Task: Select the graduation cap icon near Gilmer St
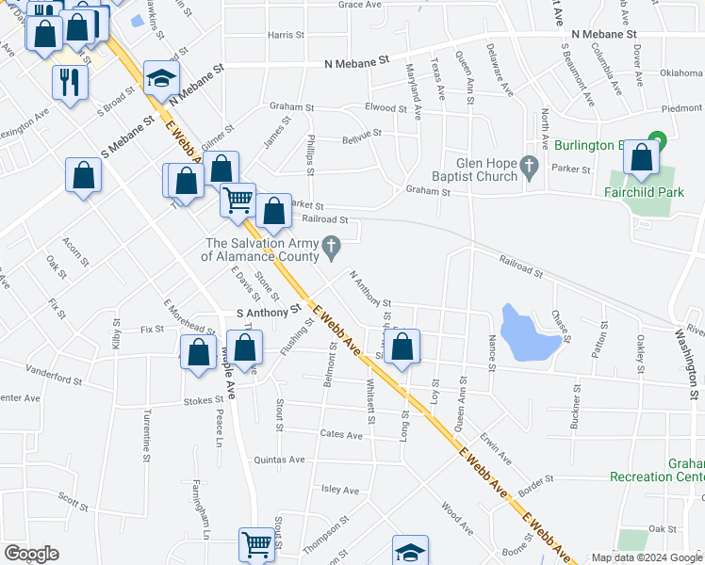[161, 78]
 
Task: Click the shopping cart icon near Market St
[238, 200]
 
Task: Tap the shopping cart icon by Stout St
[256, 544]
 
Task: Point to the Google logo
[31, 554]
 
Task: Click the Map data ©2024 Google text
[648, 557]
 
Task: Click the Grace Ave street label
[359, 5]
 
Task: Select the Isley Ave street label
[340, 490]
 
